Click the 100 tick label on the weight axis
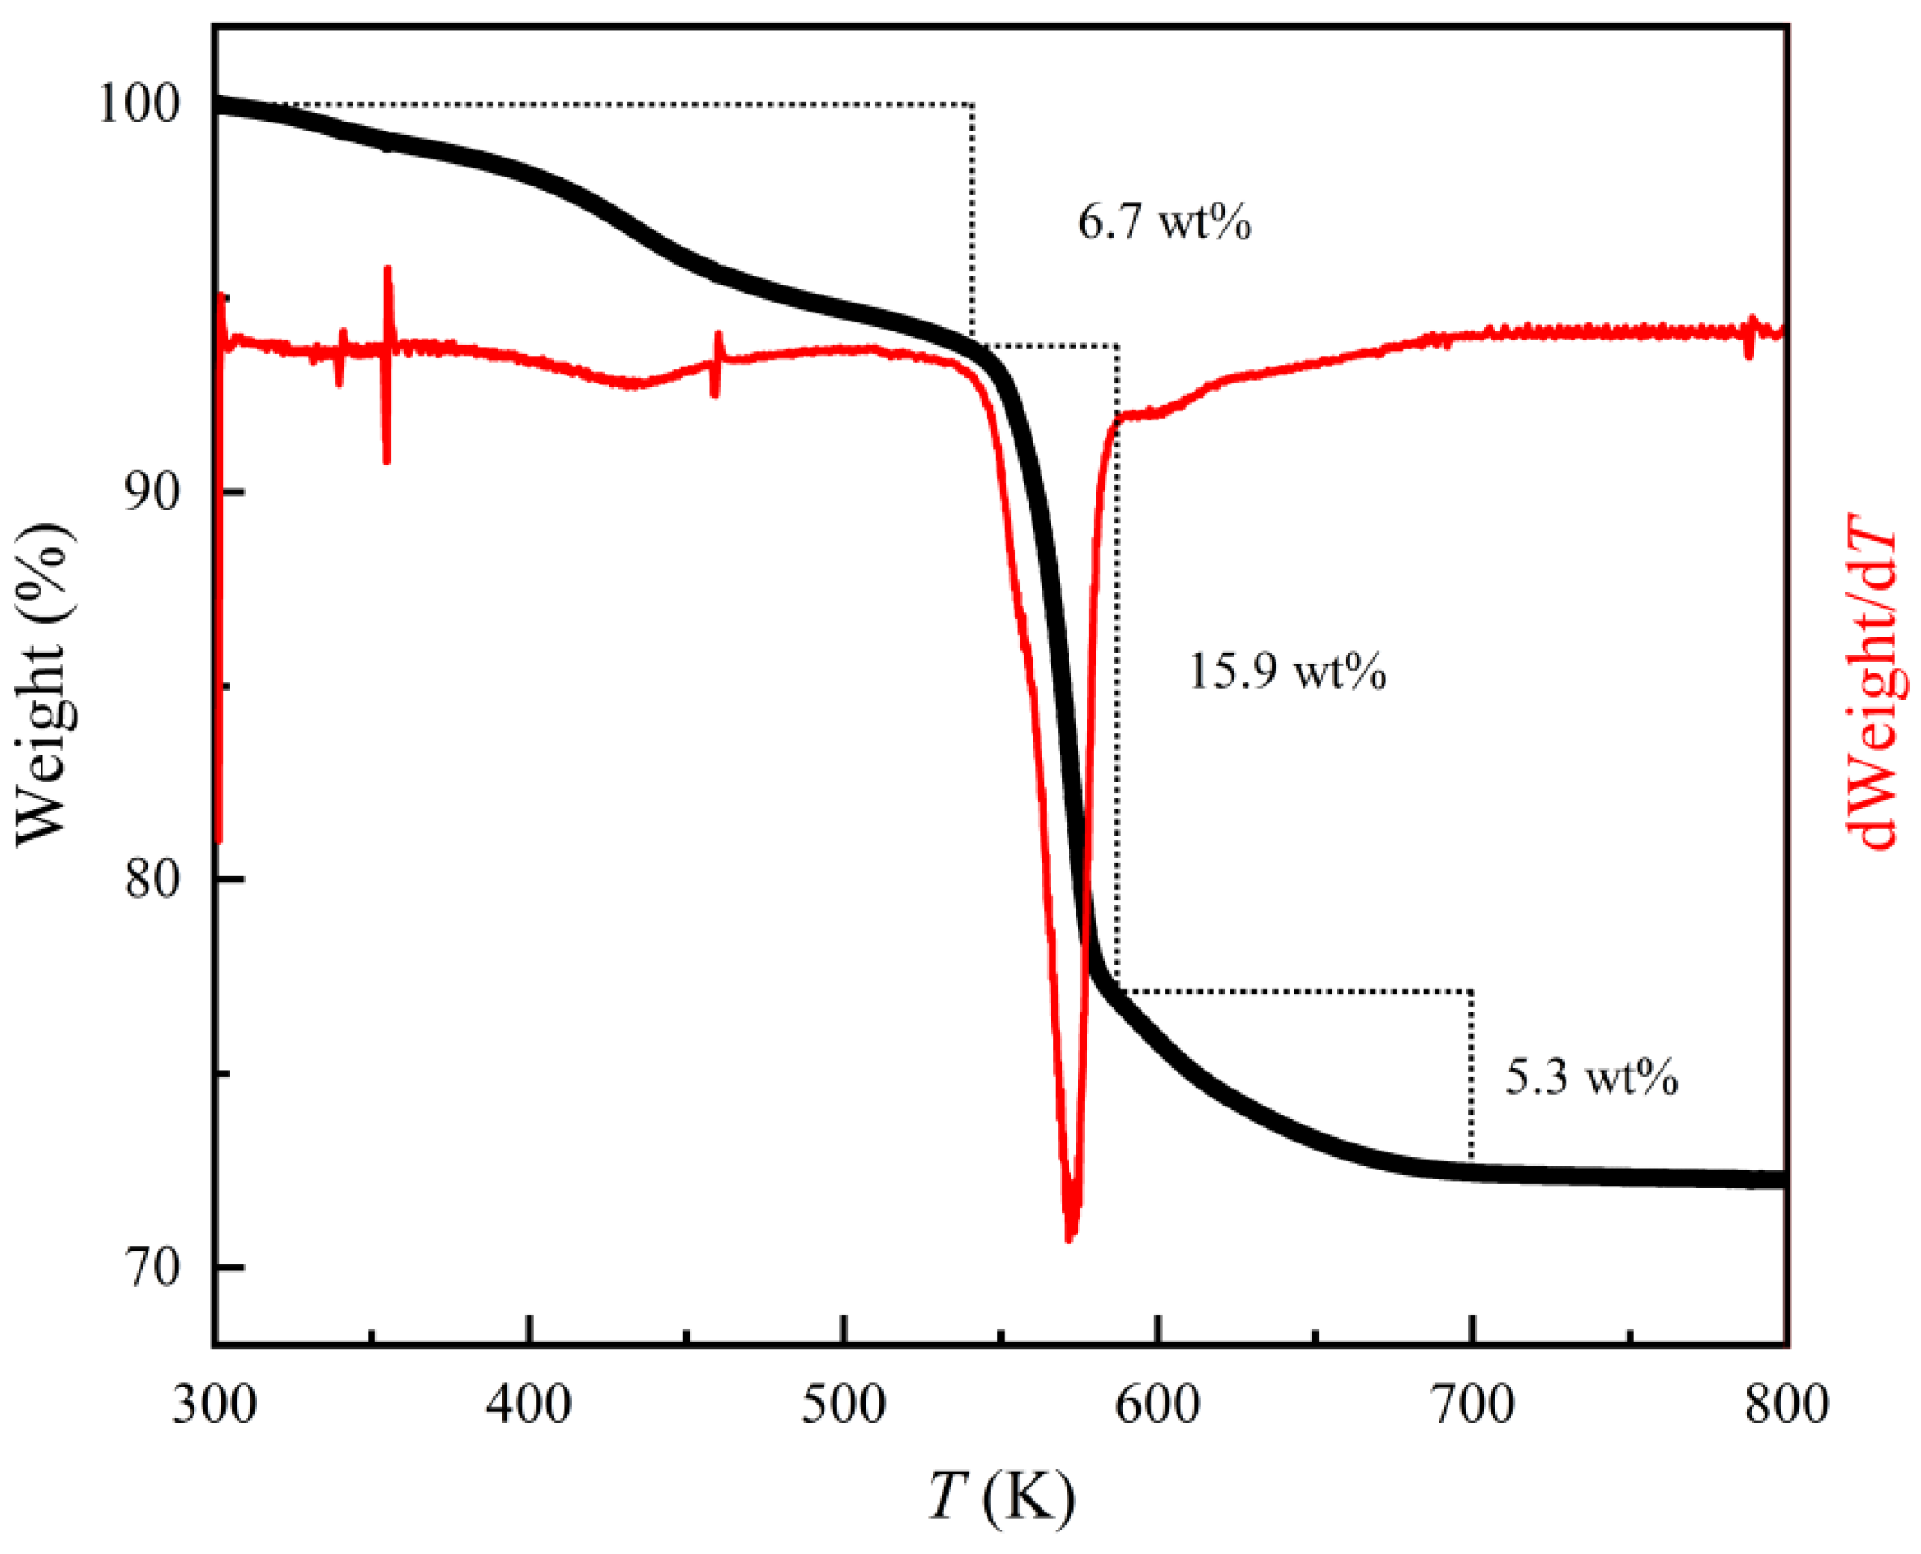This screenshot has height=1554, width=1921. [140, 104]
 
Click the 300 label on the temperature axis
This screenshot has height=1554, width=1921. [214, 1404]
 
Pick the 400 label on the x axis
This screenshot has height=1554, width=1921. [528, 1404]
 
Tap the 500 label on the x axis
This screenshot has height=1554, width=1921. [843, 1404]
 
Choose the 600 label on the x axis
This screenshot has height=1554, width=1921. [1158, 1404]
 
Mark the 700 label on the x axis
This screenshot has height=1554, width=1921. [1472, 1404]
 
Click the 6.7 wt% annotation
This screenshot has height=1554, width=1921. [1164, 221]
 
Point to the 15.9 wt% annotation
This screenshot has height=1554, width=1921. [1287, 672]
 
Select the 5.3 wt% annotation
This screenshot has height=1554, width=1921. [1592, 1077]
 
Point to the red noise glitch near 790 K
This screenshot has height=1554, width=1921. [1750, 337]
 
